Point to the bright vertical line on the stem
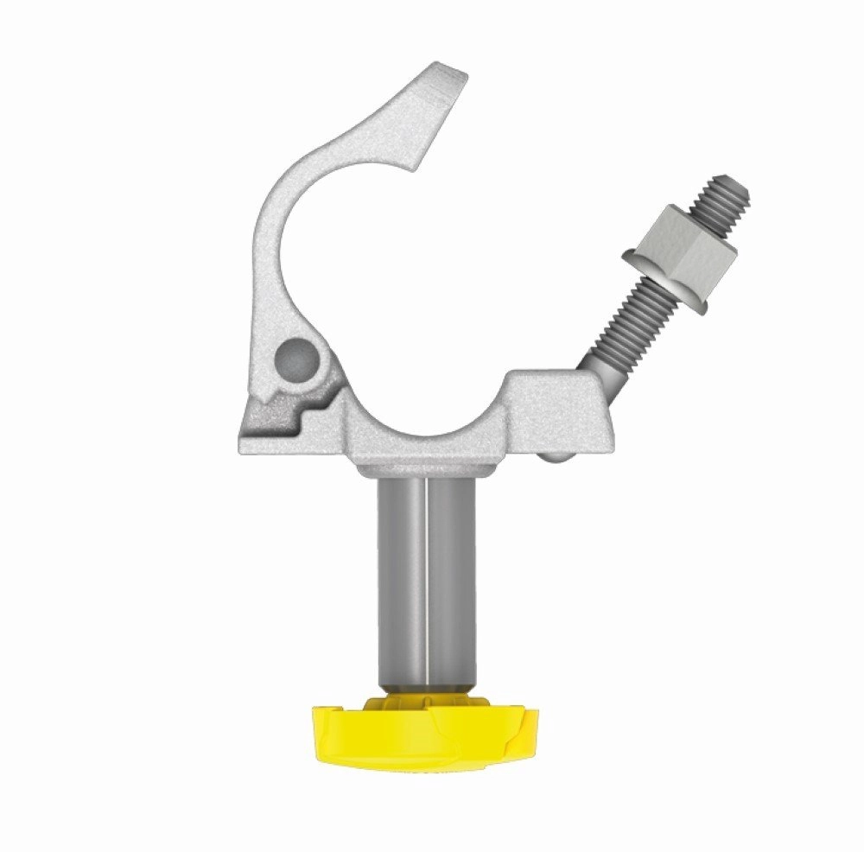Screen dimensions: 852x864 coord(426,579)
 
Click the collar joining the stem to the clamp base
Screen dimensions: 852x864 coord(423,470)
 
